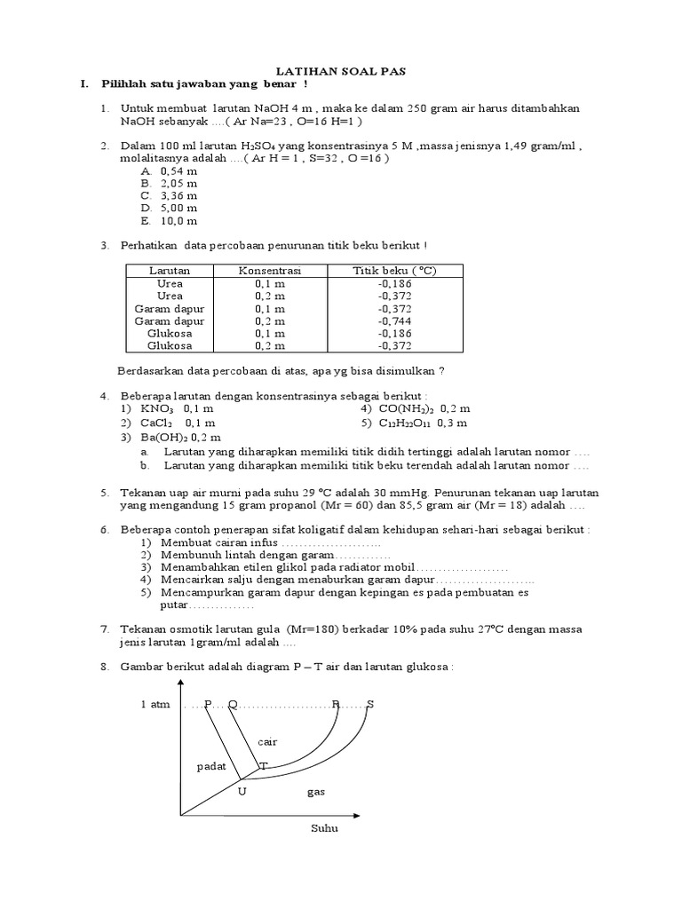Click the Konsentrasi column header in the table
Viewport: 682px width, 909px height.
[x=269, y=270]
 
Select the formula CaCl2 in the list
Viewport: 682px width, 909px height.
[x=156, y=423]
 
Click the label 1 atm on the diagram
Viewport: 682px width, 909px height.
[x=155, y=705]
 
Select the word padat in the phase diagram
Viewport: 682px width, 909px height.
[x=211, y=765]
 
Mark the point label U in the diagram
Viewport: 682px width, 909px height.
[x=242, y=790]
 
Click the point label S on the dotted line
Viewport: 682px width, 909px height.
[x=370, y=705]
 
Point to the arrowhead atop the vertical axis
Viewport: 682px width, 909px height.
[x=180, y=683]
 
